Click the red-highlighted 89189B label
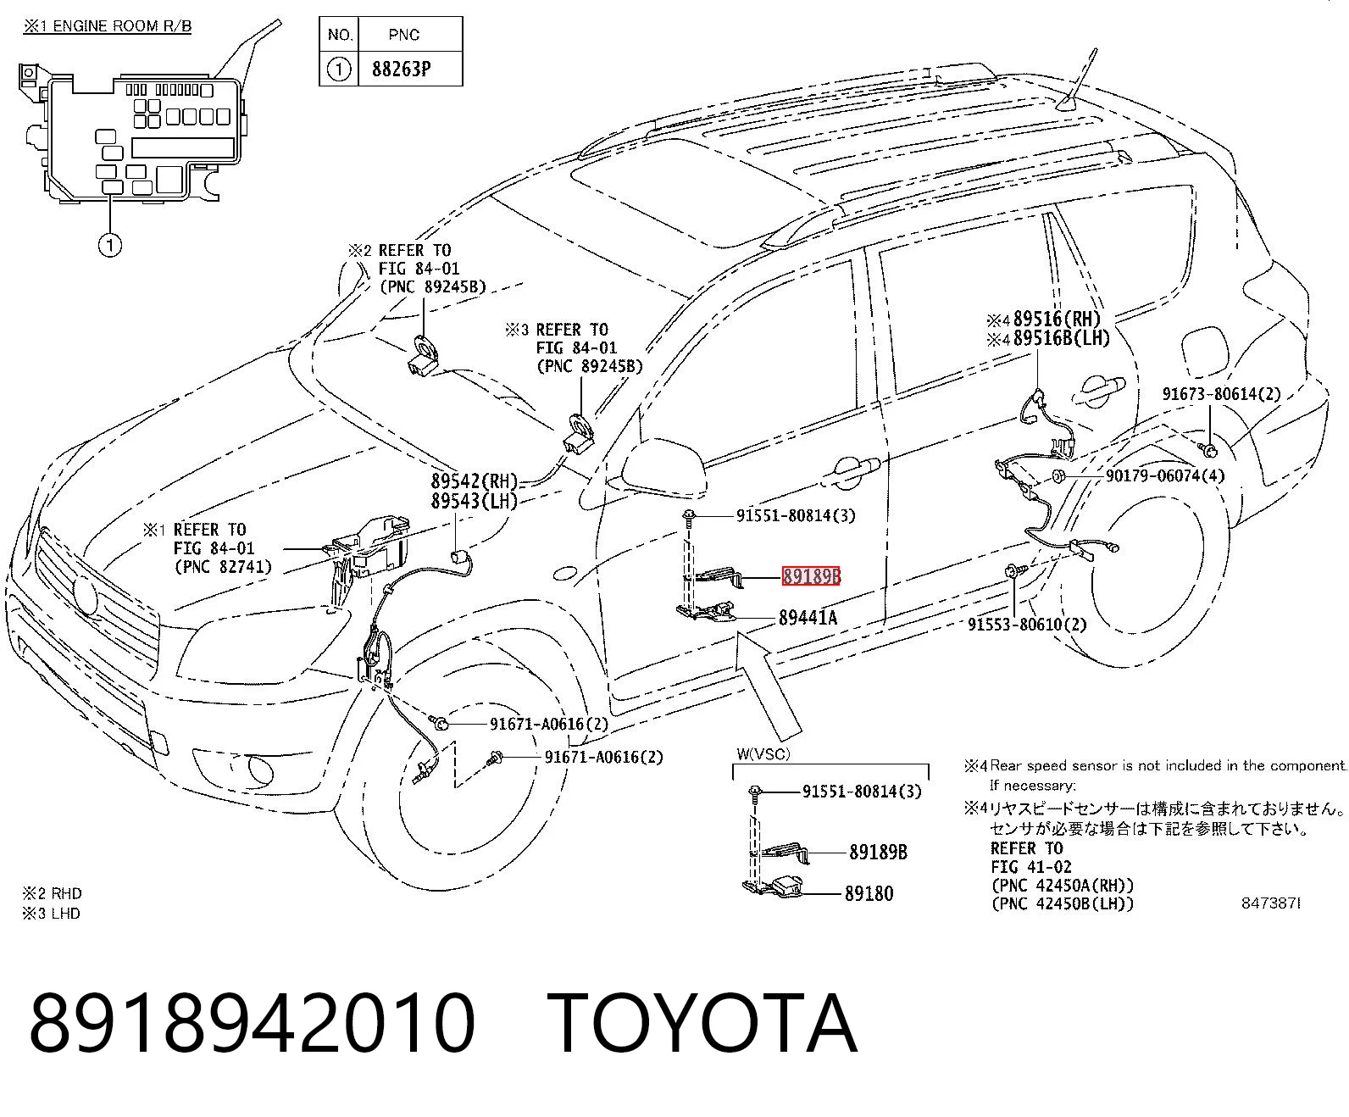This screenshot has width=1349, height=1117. (811, 575)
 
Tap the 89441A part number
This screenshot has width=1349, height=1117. (808, 618)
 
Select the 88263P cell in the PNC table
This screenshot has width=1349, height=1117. (401, 69)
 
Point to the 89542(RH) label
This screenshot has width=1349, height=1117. (475, 481)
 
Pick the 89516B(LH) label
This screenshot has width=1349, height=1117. (1062, 338)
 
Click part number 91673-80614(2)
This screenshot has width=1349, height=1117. (1221, 394)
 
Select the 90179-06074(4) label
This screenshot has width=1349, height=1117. (1165, 475)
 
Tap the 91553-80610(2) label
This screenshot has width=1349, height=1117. (1027, 625)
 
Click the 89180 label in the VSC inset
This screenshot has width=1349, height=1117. (869, 893)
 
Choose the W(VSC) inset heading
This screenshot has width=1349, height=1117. (763, 754)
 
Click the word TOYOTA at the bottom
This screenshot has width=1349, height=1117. (702, 1023)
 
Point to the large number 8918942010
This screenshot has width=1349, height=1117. (252, 1023)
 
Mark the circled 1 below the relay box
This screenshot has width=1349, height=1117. (110, 245)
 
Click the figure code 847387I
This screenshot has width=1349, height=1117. (1271, 903)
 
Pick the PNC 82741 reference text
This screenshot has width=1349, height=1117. (223, 567)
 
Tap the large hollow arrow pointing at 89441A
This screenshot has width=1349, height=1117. (769, 685)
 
